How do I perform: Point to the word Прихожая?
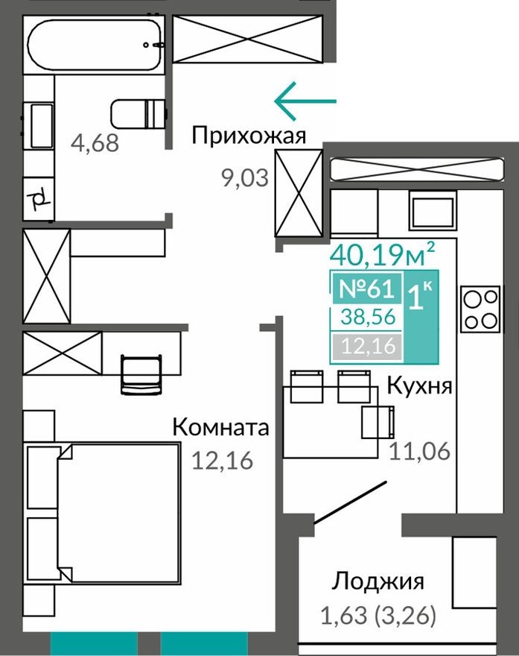(249, 136)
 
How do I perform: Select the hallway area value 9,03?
(243, 179)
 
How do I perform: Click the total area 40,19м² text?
(382, 255)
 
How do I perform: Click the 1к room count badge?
(421, 296)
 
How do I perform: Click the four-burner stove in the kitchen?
(480, 309)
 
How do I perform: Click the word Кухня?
(420, 387)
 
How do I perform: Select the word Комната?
(220, 428)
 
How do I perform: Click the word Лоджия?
(378, 581)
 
